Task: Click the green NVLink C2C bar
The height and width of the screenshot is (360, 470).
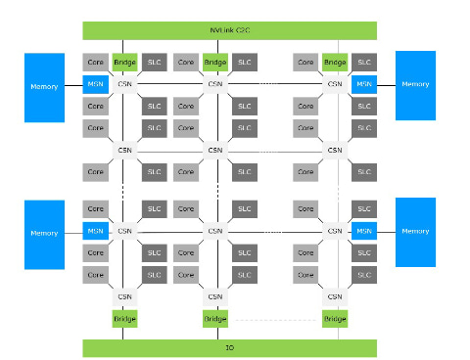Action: (229, 30)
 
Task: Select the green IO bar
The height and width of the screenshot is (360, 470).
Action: (229, 348)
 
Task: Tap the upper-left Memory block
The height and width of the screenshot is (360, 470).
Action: (44, 88)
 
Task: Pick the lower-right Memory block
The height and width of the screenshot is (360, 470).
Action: (415, 232)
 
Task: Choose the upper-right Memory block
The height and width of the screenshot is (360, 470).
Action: (415, 85)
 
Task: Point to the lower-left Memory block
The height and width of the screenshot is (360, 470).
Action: (44, 235)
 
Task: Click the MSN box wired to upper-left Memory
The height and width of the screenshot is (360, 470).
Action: (96, 84)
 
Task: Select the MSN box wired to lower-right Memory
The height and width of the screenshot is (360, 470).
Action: (364, 231)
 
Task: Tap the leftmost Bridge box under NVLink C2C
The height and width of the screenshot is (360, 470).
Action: (124, 62)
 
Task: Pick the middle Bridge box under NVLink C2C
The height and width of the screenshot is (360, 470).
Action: (215, 62)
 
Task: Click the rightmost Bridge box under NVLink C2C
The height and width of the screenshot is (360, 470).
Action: (335, 62)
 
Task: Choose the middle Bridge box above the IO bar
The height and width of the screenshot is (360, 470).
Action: (215, 319)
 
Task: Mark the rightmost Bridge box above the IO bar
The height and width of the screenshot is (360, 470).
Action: (335, 319)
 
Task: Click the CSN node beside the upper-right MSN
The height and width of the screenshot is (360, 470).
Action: (335, 84)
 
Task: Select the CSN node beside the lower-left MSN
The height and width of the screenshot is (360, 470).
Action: (124, 231)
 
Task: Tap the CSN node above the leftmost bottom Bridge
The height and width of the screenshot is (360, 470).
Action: (124, 296)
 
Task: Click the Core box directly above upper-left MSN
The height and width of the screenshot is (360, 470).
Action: (96, 62)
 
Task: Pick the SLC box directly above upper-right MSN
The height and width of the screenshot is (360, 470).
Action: (364, 62)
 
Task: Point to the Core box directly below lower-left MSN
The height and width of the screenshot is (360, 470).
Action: (96, 253)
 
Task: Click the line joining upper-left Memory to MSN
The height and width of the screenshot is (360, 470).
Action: (73, 85)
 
